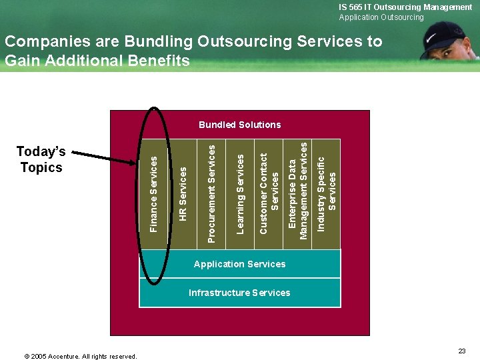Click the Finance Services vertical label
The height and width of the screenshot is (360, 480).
click(154, 195)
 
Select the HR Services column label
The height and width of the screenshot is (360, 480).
click(183, 194)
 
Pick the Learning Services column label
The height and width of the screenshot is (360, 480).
click(241, 193)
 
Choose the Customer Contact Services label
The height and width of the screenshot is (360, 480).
click(269, 194)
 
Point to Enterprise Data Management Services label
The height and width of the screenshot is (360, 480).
click(298, 189)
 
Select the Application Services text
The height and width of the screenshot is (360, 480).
click(239, 264)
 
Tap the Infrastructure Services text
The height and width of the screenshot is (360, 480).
click(239, 293)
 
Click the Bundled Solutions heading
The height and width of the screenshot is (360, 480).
click(239, 125)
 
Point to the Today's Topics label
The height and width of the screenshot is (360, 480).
click(41, 160)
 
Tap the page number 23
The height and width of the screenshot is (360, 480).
click(462, 351)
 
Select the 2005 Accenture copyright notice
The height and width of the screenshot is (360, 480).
click(81, 356)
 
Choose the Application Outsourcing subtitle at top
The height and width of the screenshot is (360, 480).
click(381, 17)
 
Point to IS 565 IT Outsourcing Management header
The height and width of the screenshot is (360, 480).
click(405, 7)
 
